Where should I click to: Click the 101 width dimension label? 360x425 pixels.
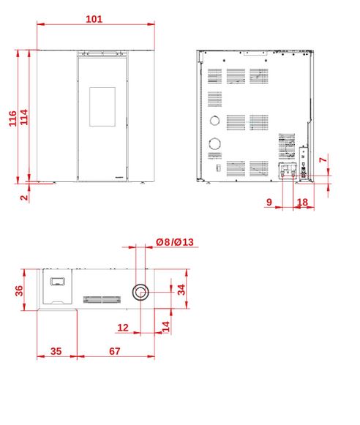94,19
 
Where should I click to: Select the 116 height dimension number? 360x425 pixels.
12,119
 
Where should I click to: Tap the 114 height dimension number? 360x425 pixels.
24,117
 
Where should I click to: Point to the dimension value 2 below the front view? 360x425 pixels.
24,198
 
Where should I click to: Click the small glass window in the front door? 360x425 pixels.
102,107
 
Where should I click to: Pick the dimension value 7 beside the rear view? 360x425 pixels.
323,160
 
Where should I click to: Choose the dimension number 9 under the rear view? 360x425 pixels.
269,202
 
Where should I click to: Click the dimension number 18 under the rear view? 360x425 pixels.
302,202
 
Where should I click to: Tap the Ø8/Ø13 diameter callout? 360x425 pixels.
175,242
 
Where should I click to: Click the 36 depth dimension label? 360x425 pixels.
19,291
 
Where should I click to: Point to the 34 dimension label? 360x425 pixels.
181,290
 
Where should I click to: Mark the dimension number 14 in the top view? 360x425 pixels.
165,326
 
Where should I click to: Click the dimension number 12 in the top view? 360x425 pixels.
123,328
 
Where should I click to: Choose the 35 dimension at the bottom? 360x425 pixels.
56,351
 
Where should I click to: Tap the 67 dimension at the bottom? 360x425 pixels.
115,351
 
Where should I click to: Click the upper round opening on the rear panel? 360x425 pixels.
214,121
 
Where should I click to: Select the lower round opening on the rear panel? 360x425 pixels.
214,143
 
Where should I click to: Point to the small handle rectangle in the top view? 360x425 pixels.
58,282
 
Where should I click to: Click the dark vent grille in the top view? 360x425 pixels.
102,299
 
